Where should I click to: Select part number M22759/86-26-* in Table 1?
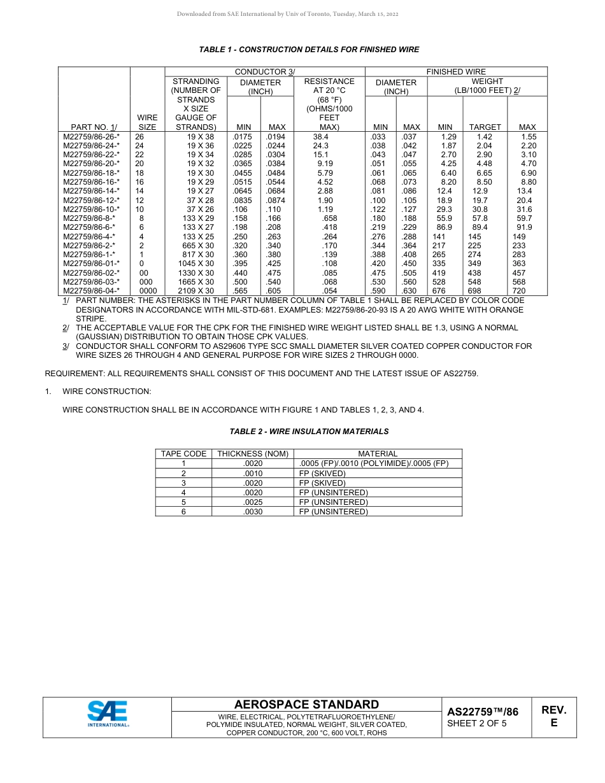pos(91,137)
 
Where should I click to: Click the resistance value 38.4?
pos(320,137)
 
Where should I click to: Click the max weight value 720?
pos(528,291)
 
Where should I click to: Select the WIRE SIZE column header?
pos(147,122)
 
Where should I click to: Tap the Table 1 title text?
pos(309,50)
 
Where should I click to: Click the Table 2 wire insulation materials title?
pos(309,432)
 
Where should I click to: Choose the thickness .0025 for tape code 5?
pos(253,502)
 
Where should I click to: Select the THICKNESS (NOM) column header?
pos(253,454)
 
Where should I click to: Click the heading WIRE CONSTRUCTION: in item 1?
pos(106,391)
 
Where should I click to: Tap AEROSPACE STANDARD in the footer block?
pos(306,704)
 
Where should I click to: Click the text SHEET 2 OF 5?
pos(477,723)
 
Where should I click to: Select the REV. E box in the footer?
pos(553,716)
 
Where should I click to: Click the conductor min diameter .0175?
pos(242,137)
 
